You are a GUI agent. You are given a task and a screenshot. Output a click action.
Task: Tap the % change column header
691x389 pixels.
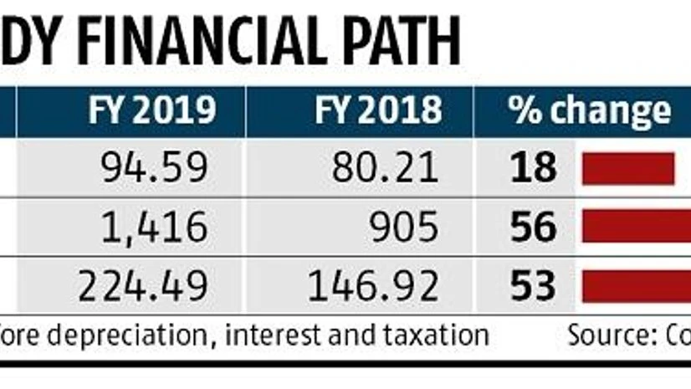[x=591, y=111]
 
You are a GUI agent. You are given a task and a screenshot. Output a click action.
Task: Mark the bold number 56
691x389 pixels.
[x=533, y=227]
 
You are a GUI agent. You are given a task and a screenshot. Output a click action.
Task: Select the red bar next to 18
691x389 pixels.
[x=628, y=168]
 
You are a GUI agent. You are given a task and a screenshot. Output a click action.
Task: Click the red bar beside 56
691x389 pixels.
[x=637, y=227]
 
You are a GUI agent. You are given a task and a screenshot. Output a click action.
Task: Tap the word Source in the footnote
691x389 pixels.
[x=607, y=335]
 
